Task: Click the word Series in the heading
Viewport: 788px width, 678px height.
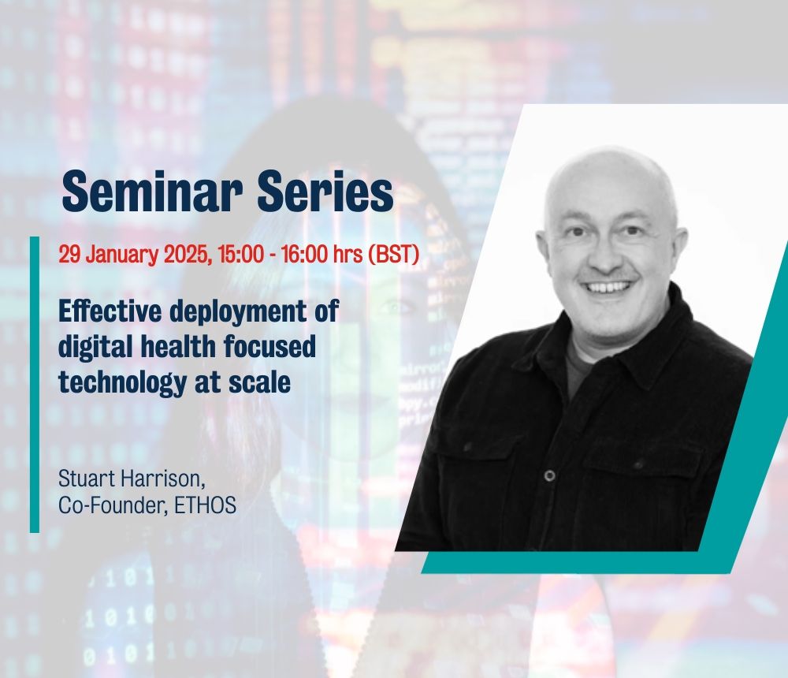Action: [x=325, y=191]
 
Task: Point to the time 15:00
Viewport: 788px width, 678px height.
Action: [x=240, y=254]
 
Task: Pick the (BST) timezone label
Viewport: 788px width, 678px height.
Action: [x=394, y=254]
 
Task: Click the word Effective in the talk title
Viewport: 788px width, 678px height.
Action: [x=110, y=311]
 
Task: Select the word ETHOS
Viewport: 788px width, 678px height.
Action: [x=205, y=506]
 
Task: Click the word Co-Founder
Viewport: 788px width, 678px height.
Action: [x=113, y=506]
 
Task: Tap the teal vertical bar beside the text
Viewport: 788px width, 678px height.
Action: [x=35, y=384]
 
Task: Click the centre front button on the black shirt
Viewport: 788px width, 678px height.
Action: [x=550, y=475]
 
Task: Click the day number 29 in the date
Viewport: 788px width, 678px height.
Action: [x=69, y=254]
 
